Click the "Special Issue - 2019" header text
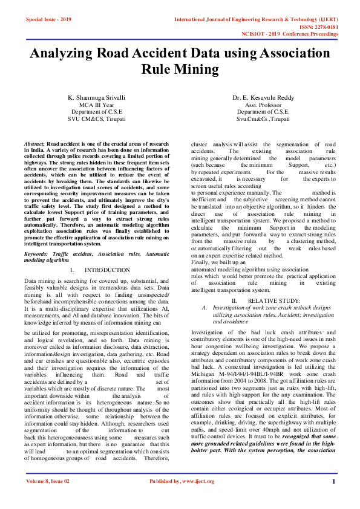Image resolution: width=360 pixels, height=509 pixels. tap(48, 20)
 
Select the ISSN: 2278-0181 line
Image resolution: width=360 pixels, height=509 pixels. tap(315, 27)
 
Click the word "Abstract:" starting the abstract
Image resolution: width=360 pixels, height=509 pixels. tap(35, 144)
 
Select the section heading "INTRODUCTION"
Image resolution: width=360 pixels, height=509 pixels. tap(107, 270)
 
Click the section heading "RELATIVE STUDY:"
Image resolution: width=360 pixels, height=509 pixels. tap(273, 300)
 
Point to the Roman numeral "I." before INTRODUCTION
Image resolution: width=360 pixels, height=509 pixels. tap(72, 270)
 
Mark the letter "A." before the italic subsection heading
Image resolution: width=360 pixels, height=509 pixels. tap(205, 308)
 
